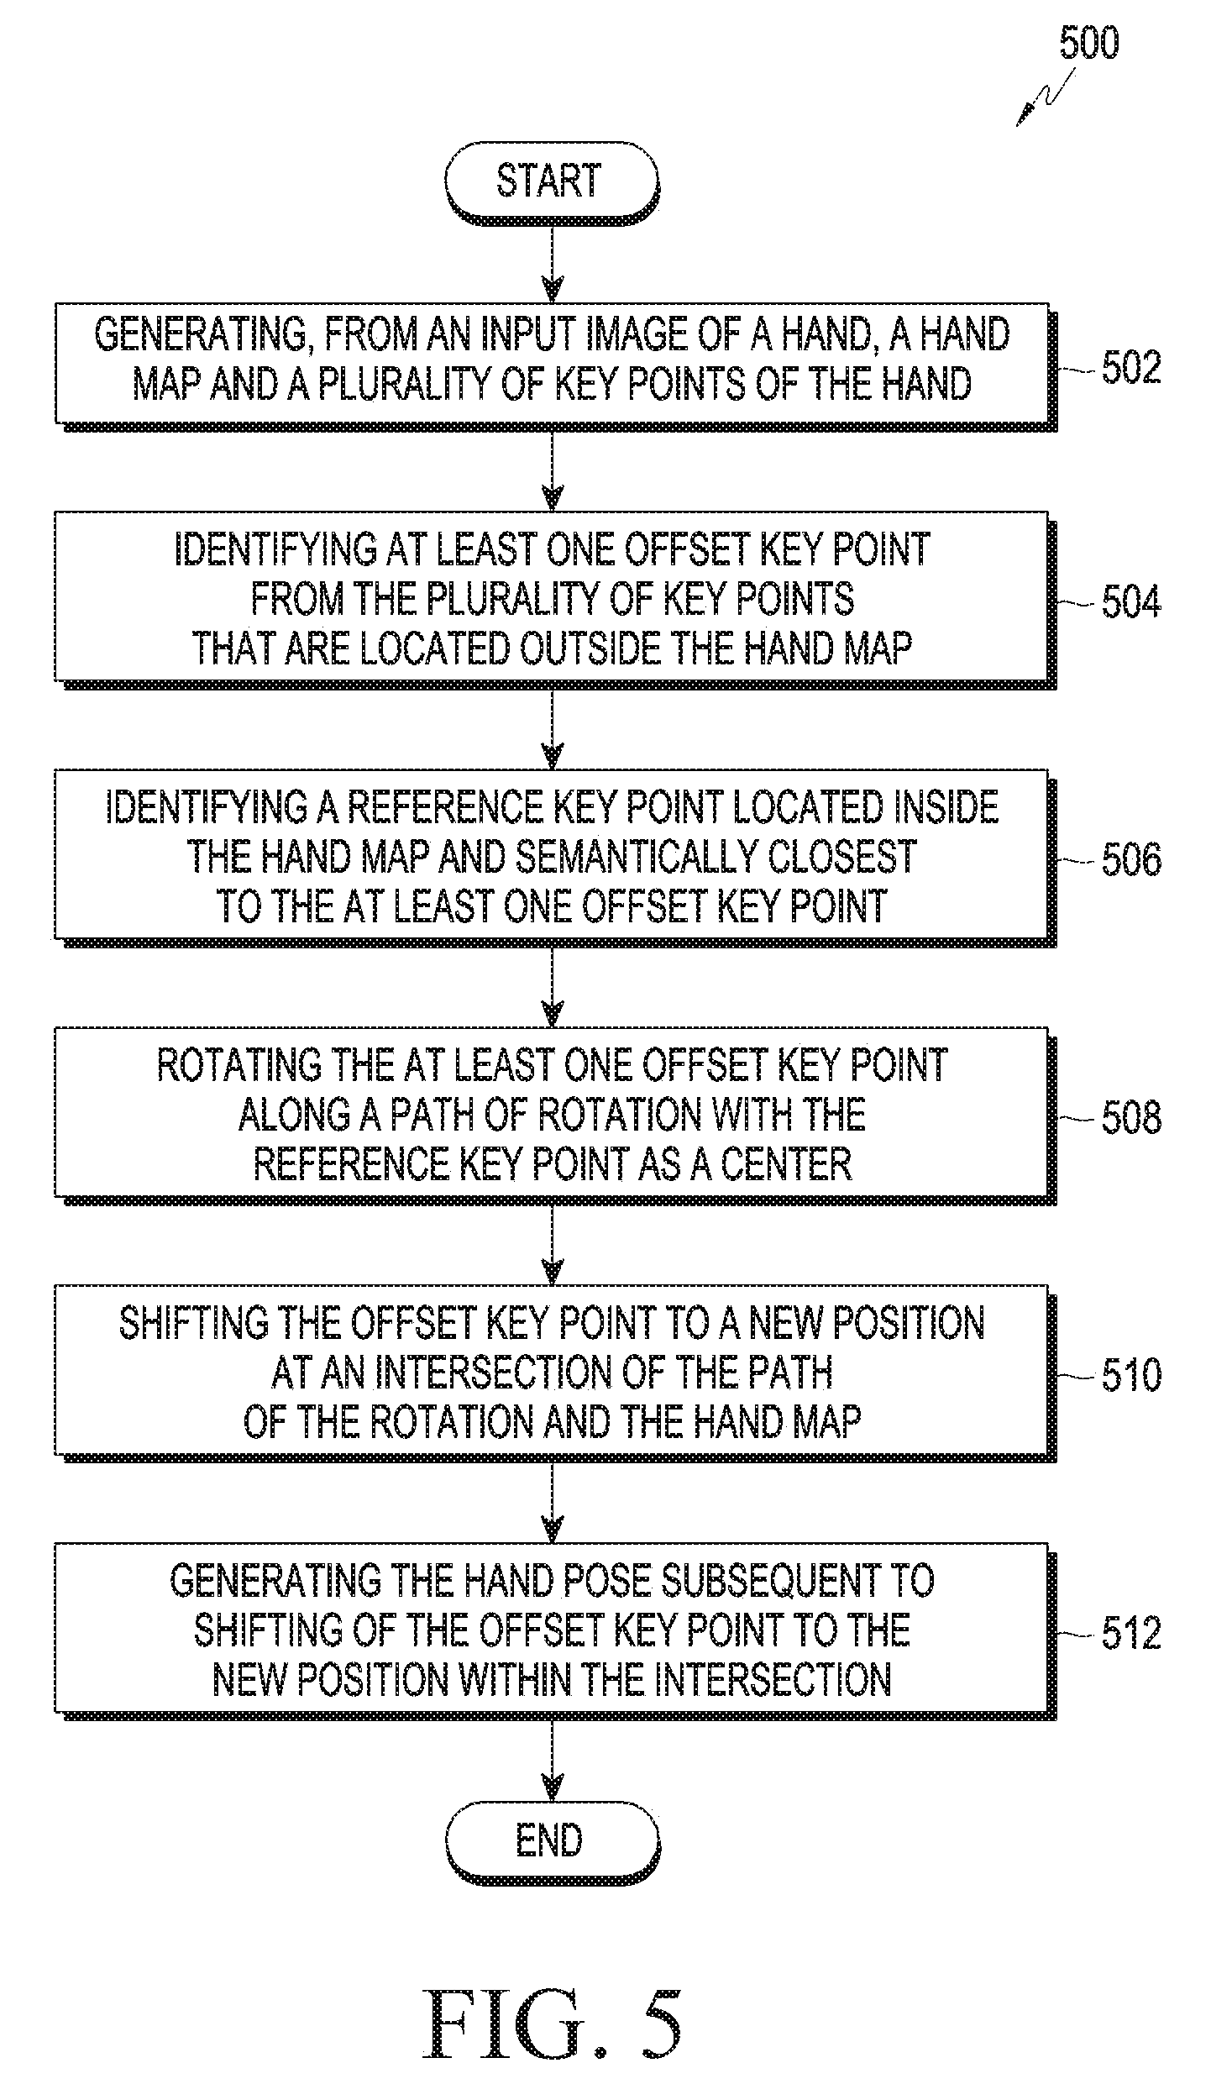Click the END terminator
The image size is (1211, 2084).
(551, 1840)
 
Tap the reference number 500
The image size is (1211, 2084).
(1088, 43)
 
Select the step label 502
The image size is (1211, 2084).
(1130, 367)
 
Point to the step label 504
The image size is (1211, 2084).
(1130, 602)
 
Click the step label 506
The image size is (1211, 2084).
(1130, 859)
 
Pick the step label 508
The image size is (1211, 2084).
(1130, 1117)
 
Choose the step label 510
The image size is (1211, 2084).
(1130, 1375)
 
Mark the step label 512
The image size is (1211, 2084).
(1130, 1633)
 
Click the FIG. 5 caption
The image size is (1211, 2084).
(553, 2013)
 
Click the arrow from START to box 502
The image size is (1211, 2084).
(552, 262)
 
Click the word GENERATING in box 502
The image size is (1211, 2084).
(202, 334)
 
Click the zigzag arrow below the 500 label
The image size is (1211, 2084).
(1046, 97)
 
